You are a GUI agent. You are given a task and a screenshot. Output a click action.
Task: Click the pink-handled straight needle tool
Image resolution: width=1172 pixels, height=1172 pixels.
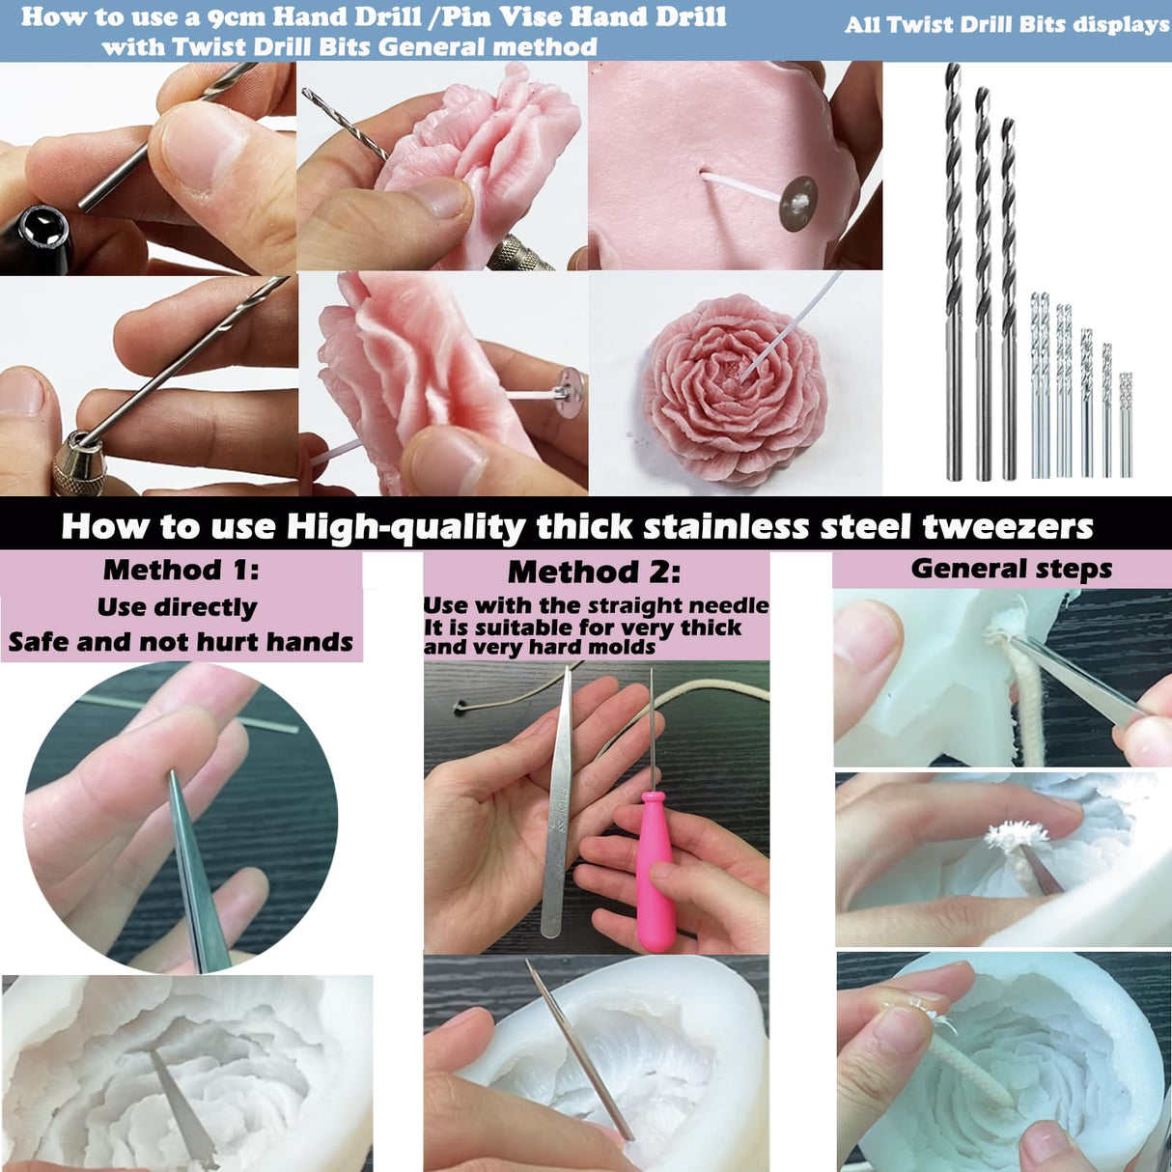pos(655,869)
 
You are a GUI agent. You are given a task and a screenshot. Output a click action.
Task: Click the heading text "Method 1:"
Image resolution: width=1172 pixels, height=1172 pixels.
pos(181,570)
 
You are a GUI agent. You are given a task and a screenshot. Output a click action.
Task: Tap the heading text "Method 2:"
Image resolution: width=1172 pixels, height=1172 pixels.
pos(594,572)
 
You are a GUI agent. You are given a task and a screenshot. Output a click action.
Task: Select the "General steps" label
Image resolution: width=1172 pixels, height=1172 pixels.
pos(1011,569)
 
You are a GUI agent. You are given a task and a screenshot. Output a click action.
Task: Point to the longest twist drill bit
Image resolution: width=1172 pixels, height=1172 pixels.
pos(954,270)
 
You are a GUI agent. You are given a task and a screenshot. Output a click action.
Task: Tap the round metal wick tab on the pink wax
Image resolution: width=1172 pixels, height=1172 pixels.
pos(798,204)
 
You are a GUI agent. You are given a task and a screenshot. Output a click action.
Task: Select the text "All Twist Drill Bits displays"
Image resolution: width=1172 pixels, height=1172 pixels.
pos(1007,25)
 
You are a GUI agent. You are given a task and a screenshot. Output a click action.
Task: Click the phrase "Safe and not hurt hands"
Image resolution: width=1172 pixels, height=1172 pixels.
pos(181,642)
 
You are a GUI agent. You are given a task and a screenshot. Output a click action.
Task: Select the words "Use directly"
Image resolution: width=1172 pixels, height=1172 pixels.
pos(178,607)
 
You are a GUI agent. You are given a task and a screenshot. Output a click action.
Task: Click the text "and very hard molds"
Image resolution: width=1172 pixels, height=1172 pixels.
pos(540,647)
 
